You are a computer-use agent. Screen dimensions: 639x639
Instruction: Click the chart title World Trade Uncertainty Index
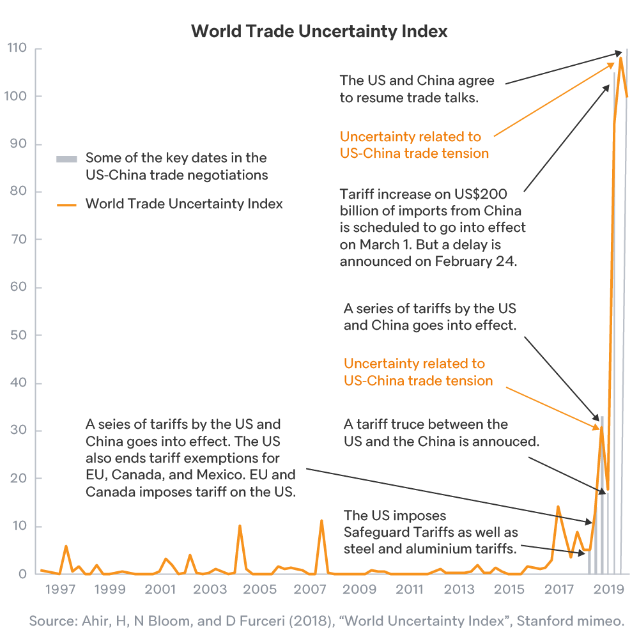tap(319, 31)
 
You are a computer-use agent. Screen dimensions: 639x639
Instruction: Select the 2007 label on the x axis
tap(311, 589)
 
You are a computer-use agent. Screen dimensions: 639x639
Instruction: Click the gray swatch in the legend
tap(67, 158)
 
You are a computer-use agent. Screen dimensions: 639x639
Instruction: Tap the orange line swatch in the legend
tap(67, 204)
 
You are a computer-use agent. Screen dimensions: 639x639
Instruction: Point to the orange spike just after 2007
tap(321, 521)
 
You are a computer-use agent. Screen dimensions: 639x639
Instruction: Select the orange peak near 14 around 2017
tap(558, 507)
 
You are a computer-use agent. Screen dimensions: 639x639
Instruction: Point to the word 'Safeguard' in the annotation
tap(375, 532)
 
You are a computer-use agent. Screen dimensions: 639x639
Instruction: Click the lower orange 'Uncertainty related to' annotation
tap(414, 364)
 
